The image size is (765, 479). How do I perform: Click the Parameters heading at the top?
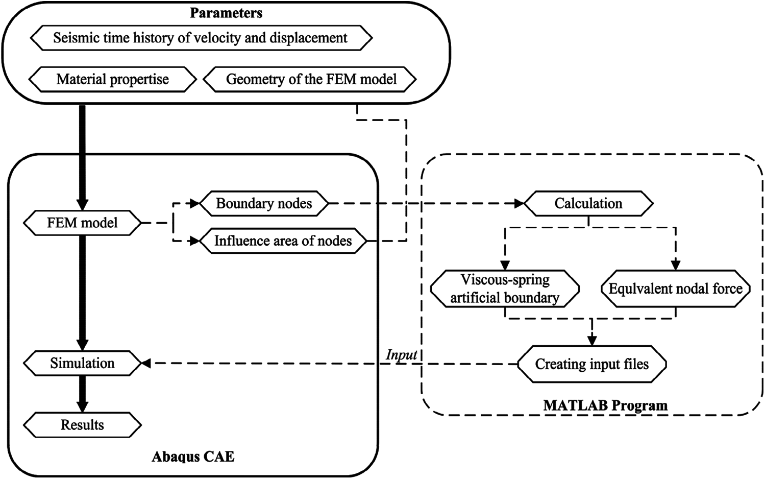(x=226, y=13)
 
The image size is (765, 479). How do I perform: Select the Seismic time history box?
(x=201, y=38)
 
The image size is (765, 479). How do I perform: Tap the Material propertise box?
(x=113, y=79)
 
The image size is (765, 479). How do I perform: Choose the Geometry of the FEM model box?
(x=311, y=79)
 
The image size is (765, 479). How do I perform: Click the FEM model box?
(x=82, y=223)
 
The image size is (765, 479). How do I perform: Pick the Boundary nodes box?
(x=263, y=203)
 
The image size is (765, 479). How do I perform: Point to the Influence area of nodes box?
(x=283, y=241)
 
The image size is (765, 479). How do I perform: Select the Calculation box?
(x=588, y=203)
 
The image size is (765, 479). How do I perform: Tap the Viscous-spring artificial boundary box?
(x=505, y=289)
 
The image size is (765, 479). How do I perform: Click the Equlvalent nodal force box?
(x=675, y=289)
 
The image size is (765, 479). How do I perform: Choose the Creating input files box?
(x=591, y=364)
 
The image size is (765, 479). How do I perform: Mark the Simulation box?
(x=82, y=363)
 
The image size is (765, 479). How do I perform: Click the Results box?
(x=82, y=425)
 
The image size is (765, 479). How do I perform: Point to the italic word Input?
(x=402, y=354)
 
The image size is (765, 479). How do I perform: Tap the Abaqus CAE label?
(x=193, y=456)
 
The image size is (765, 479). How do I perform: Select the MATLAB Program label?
(x=605, y=405)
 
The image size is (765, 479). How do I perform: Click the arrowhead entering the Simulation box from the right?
(x=145, y=363)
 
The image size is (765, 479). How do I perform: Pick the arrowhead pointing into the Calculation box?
(x=519, y=203)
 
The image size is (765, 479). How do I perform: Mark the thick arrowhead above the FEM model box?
(x=82, y=204)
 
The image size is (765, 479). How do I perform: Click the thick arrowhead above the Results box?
(x=82, y=406)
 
